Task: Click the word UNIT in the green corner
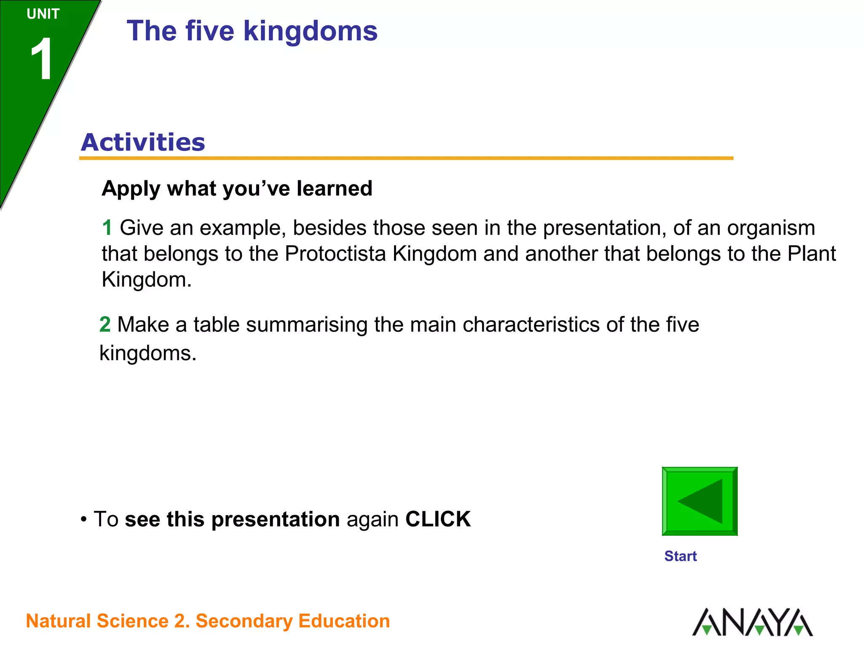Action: pyautogui.click(x=43, y=14)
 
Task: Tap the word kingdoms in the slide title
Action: pyautogui.click(x=310, y=31)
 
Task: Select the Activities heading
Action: pyautogui.click(x=143, y=142)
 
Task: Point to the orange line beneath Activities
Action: pyautogui.click(x=406, y=158)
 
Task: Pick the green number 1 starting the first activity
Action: pyautogui.click(x=107, y=228)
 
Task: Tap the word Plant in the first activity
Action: pyautogui.click(x=812, y=254)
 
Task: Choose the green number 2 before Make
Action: pyautogui.click(x=105, y=325)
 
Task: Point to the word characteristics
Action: pyautogui.click(x=531, y=325)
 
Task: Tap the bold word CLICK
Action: pyautogui.click(x=438, y=519)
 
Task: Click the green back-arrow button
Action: pyautogui.click(x=700, y=501)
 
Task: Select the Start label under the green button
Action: pyautogui.click(x=680, y=556)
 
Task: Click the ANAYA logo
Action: pyautogui.click(x=753, y=622)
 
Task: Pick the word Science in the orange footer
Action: pyautogui.click(x=133, y=621)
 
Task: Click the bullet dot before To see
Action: pyautogui.click(x=84, y=519)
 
